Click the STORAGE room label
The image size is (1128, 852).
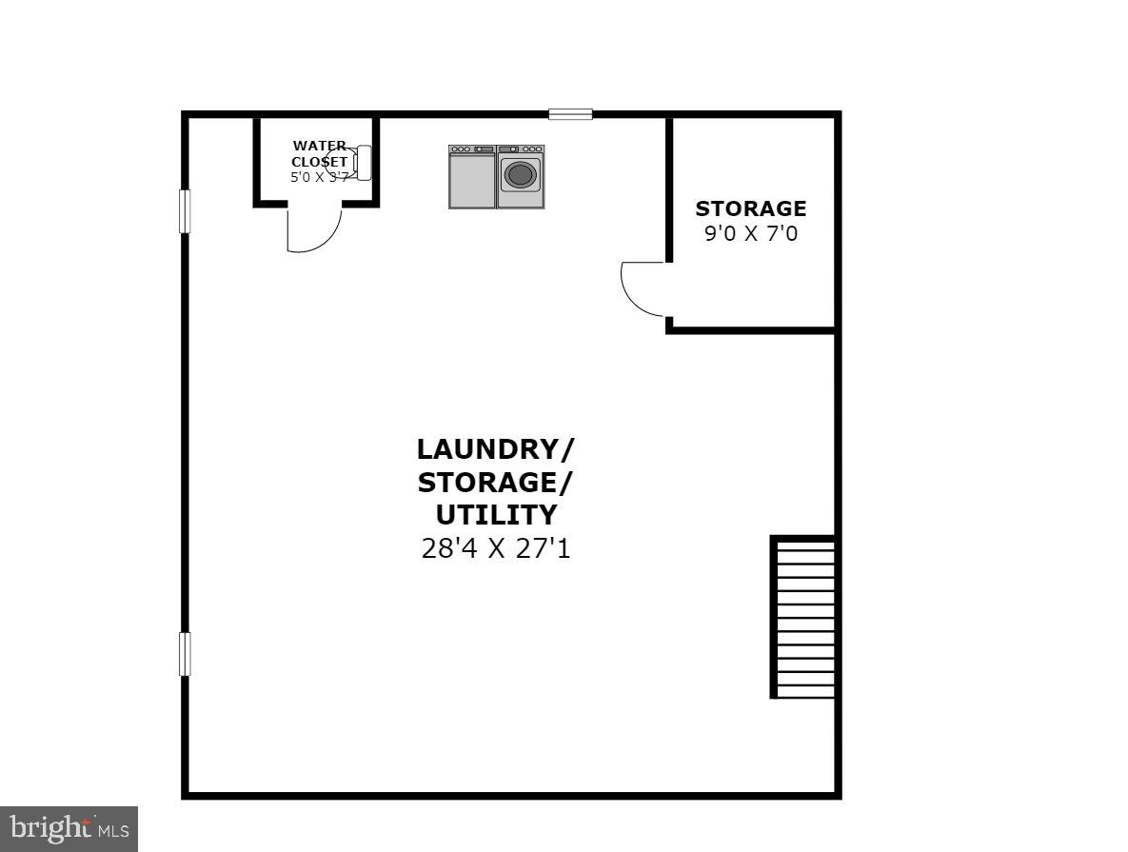pyautogui.click(x=750, y=208)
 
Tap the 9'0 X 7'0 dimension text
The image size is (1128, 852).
pyautogui.click(x=750, y=233)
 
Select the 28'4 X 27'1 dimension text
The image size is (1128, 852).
pyautogui.click(x=495, y=548)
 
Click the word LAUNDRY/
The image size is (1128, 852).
pyautogui.click(x=495, y=448)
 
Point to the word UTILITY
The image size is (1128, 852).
pyautogui.click(x=495, y=515)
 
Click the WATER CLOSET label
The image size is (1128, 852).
pyautogui.click(x=319, y=153)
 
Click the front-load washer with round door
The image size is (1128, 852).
pyautogui.click(x=521, y=176)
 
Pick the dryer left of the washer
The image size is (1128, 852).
pyautogui.click(x=472, y=176)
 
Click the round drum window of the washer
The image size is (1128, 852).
pyautogui.click(x=520, y=174)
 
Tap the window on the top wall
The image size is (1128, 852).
pyautogui.click(x=570, y=114)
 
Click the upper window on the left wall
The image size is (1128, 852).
pyautogui.click(x=185, y=211)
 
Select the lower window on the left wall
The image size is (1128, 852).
pyautogui.click(x=185, y=654)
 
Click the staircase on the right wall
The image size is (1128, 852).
pyautogui.click(x=804, y=618)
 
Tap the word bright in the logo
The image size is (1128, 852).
pyautogui.click(x=48, y=829)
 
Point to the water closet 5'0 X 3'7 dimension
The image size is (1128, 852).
pyautogui.click(x=319, y=177)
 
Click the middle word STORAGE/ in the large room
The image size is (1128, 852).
pyautogui.click(x=495, y=482)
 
